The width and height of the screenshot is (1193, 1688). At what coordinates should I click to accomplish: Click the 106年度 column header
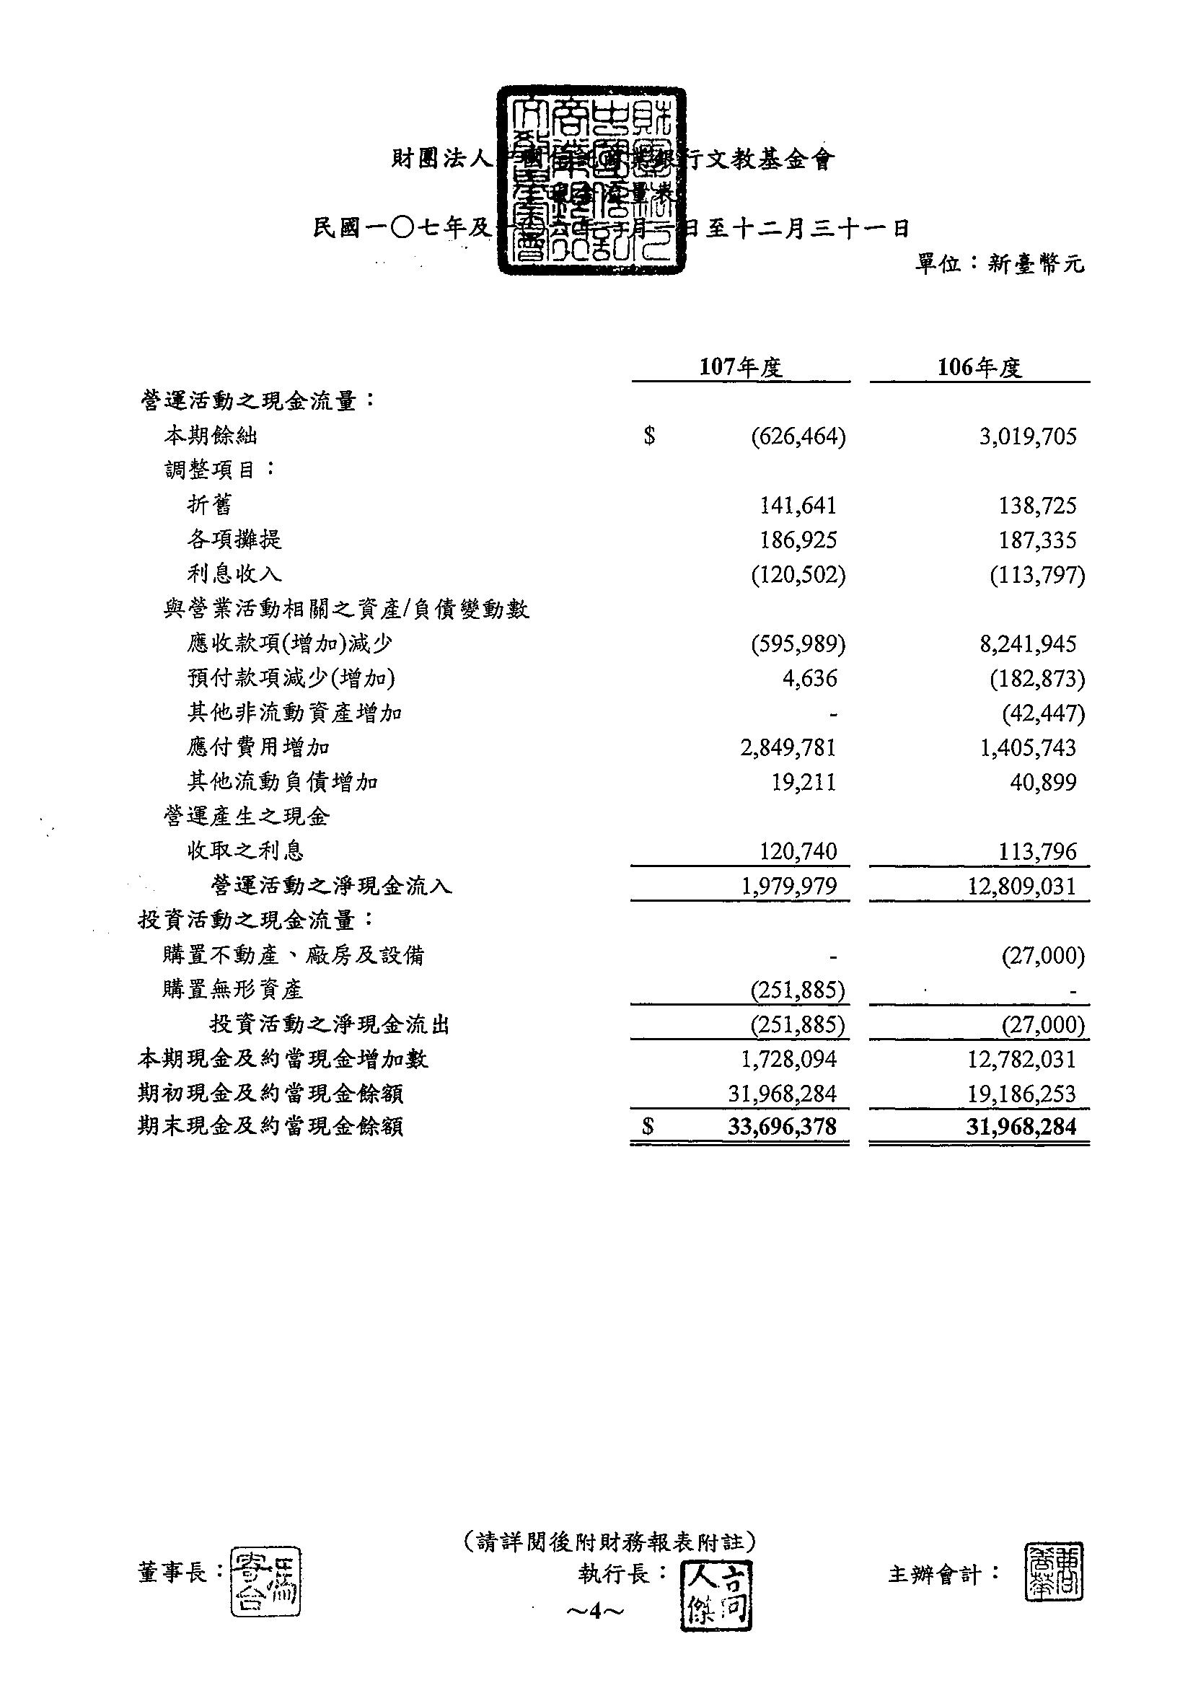979,367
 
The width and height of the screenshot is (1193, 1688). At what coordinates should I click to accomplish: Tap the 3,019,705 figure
1028,436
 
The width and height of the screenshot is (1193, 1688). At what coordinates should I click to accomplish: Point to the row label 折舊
210,504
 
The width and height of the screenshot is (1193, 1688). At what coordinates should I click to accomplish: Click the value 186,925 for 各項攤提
798,540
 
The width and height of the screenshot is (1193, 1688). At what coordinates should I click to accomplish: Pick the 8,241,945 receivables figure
1028,644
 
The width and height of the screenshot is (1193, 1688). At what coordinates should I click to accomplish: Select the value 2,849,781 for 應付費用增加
788,747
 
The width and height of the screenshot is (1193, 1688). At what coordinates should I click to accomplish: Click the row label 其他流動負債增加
283,781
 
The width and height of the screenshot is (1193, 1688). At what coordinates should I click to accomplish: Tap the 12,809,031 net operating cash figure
1022,886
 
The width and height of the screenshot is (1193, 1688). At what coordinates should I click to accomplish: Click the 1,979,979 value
788,886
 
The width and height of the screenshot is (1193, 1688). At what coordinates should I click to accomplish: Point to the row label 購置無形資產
233,990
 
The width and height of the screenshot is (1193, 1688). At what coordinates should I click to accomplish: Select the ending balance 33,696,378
782,1127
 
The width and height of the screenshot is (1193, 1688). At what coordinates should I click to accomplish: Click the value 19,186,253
1022,1093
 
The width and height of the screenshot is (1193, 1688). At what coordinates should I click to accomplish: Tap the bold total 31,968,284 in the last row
1022,1127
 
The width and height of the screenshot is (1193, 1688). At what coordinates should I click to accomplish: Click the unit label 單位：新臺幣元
1000,263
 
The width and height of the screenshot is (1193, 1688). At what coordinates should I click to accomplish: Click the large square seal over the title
591,181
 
